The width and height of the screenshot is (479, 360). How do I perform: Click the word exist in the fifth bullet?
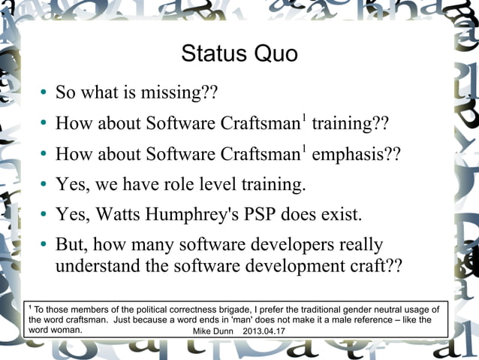point(339,215)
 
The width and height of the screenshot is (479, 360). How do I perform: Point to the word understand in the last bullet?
point(93,267)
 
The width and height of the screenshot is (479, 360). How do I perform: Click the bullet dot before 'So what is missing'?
point(44,94)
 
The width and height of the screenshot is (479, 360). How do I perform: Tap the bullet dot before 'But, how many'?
point(44,247)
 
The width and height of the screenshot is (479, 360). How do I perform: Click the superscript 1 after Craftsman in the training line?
point(304,117)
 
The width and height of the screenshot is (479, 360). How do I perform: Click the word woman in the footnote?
point(65,330)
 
